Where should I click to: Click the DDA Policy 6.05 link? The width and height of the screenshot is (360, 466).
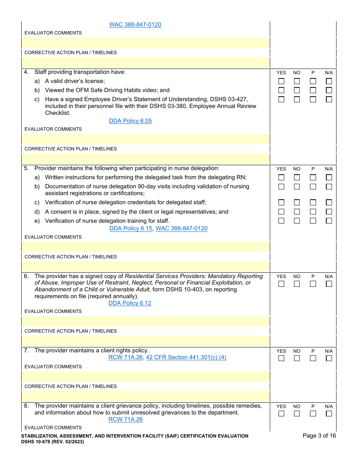pyautogui.click(x=130, y=121)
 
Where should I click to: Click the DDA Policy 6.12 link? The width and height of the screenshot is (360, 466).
pyautogui.click(x=130, y=303)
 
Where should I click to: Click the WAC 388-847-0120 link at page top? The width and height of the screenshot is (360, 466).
pyautogui.click(x=135, y=25)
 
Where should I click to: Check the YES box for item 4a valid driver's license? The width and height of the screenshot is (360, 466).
pyautogui.click(x=281, y=81)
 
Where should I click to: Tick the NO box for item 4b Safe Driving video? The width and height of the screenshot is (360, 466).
pyautogui.click(x=297, y=90)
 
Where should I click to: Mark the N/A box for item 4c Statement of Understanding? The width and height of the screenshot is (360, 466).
pyautogui.click(x=329, y=99)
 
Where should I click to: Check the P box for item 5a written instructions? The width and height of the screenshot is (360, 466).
pyautogui.click(x=313, y=177)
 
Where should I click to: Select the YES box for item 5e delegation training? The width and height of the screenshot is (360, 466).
pyautogui.click(x=281, y=220)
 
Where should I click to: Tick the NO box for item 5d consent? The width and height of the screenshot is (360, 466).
pyautogui.click(x=297, y=212)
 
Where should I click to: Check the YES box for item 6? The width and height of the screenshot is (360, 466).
pyautogui.click(x=281, y=284)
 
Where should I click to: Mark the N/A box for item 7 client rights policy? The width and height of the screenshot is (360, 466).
pyautogui.click(x=329, y=358)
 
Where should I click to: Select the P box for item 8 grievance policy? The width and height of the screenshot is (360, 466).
pyautogui.click(x=313, y=414)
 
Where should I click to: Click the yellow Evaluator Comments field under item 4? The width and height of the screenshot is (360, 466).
pyautogui.click(x=146, y=139)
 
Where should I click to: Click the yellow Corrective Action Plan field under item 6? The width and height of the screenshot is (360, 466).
pyautogui.click(x=146, y=341)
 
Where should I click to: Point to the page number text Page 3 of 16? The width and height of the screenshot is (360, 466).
pyautogui.click(x=319, y=436)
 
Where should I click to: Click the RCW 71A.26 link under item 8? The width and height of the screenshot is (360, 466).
pyautogui.click(x=125, y=419)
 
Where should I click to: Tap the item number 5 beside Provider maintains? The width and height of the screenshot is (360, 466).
pyautogui.click(x=26, y=168)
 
